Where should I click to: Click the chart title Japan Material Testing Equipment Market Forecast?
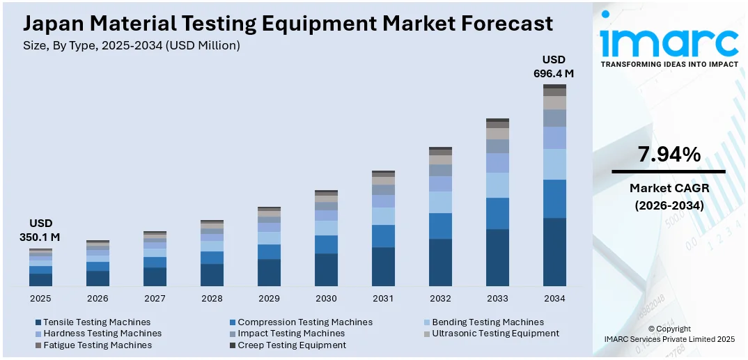[x=288, y=24]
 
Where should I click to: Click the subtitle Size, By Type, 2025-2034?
[x=132, y=45]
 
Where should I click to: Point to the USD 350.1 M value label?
[x=40, y=230]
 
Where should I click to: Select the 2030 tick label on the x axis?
[x=326, y=298]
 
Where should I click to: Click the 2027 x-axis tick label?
[x=155, y=298]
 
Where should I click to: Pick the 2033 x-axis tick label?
[x=497, y=298]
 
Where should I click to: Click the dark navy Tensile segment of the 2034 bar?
[x=554, y=251]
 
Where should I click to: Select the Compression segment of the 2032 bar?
[x=440, y=226]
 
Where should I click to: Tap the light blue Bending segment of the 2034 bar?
[x=554, y=164]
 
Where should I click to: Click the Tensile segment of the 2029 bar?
[x=269, y=272]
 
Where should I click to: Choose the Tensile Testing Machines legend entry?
[x=97, y=322]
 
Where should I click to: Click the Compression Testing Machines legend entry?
[x=305, y=322]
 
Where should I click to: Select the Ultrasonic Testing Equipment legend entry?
[x=495, y=334]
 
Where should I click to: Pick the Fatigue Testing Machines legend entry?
[x=97, y=345]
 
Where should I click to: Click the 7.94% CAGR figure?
[x=669, y=155]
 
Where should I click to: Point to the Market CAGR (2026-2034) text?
[x=669, y=196]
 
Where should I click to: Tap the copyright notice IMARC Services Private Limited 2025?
[x=669, y=338]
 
